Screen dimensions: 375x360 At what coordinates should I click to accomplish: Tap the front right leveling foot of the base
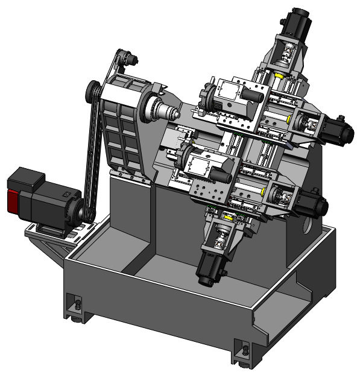pyautogui.click(x=244, y=351)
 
